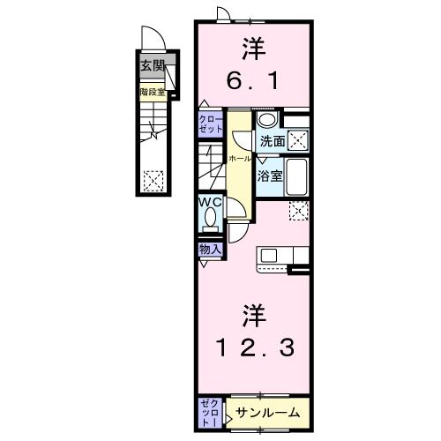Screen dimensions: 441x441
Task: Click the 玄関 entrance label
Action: (151, 66)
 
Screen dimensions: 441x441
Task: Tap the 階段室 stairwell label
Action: (152, 89)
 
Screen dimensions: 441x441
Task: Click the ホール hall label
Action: (236, 157)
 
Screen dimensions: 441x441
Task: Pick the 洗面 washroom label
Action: (271, 140)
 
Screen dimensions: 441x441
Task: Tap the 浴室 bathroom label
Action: (269, 176)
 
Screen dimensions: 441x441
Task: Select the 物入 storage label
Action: (210, 250)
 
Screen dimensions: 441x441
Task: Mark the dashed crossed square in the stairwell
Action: (153, 179)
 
